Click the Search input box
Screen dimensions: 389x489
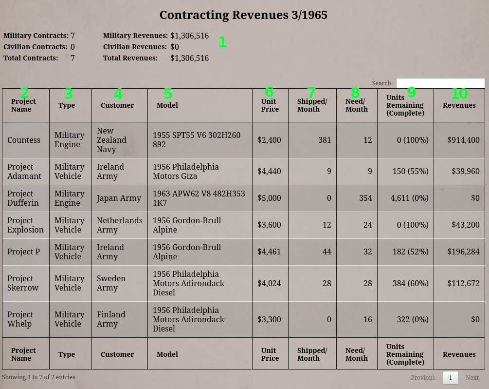[x=440, y=83]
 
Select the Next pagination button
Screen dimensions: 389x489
[x=471, y=377]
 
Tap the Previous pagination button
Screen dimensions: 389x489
[x=422, y=377]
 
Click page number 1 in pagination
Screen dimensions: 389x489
[x=450, y=377]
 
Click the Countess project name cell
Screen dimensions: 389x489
[x=24, y=140]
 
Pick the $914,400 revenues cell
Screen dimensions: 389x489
[x=463, y=140]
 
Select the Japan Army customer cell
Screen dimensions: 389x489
[x=119, y=198]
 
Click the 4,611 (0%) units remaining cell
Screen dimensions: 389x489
[x=409, y=198]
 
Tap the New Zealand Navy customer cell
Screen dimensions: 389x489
[x=111, y=140]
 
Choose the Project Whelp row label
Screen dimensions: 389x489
[x=20, y=319]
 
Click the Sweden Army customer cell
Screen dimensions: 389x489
[x=111, y=283]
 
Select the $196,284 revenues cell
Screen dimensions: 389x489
[x=463, y=252]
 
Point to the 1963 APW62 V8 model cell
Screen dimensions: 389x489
[x=199, y=198]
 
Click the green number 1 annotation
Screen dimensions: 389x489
[x=222, y=42]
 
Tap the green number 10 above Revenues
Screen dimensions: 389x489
[x=459, y=94]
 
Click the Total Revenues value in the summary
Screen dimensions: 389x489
[x=189, y=58]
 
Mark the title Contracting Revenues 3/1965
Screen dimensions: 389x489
[x=243, y=15]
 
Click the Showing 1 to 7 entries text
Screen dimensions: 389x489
[x=38, y=377]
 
